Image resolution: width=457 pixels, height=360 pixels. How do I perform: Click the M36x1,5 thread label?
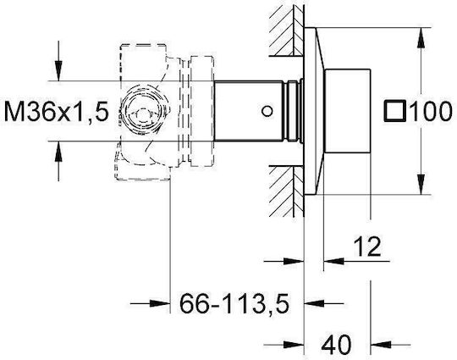[57, 112]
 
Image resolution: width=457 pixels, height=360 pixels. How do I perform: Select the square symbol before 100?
[395, 111]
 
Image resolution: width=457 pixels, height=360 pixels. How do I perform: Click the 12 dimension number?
[367, 246]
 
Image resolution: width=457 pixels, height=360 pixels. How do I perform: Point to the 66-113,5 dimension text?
[234, 304]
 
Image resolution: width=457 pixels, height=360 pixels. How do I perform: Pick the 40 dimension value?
[336, 344]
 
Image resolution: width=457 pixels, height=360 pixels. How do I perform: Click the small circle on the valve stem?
[267, 111]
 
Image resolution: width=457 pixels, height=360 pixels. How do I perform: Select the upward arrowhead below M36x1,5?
[59, 151]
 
